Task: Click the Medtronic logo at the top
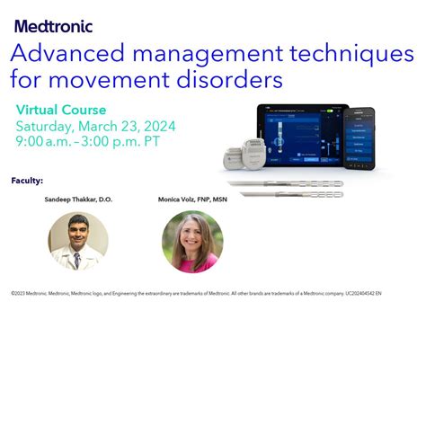point(53,27)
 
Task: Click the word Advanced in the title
point(59,54)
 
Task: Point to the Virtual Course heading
point(61,109)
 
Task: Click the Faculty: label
point(27,181)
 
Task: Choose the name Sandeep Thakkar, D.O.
point(78,199)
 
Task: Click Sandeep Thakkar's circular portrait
point(78,240)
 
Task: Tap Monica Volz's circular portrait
point(191,241)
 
